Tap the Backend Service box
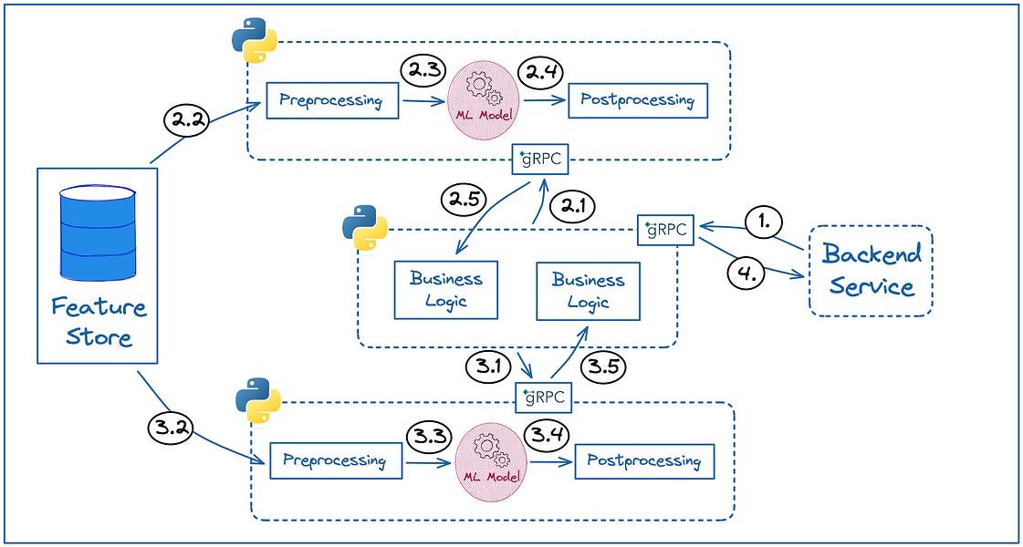click(x=871, y=271)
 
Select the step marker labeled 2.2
click(x=184, y=120)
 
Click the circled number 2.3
click(x=424, y=71)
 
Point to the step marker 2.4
click(x=539, y=71)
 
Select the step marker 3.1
click(x=487, y=367)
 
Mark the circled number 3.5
click(x=603, y=367)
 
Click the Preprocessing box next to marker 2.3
click(x=332, y=100)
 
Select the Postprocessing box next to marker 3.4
click(x=644, y=461)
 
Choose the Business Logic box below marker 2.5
click(x=446, y=290)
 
